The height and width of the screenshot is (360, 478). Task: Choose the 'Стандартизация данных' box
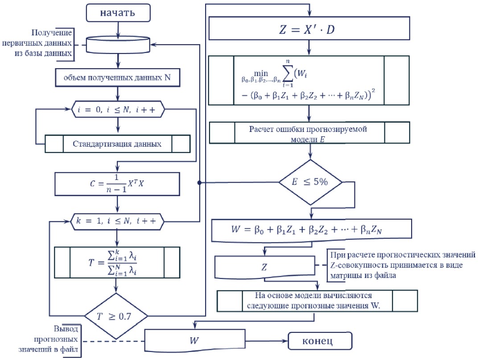pos(118,143)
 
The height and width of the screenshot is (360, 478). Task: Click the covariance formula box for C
pos(118,184)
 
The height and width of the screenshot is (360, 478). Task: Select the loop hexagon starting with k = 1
pos(118,220)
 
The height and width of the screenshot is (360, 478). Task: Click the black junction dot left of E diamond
pos(199,183)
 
